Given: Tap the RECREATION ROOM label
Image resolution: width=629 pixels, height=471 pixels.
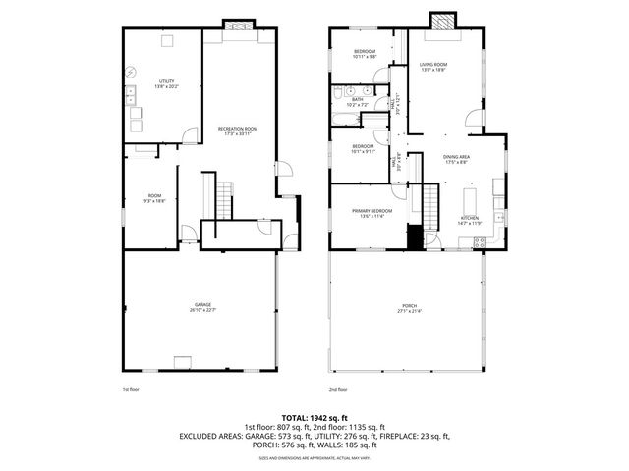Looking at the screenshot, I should (237, 128).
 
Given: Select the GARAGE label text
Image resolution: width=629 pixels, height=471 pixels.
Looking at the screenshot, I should (202, 305).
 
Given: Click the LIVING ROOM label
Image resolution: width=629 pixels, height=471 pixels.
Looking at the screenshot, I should (433, 64).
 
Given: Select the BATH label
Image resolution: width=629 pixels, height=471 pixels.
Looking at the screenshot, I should (358, 98).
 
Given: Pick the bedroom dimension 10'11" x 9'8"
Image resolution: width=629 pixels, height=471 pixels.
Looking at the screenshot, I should (365, 56).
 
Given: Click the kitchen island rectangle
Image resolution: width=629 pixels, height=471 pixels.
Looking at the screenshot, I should (466, 201).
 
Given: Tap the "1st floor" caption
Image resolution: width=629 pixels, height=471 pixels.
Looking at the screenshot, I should (131, 389).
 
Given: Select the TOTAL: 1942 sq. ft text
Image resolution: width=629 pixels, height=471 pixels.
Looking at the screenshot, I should (314, 418).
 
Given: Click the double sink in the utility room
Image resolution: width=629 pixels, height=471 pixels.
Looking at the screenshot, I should (130, 95).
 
